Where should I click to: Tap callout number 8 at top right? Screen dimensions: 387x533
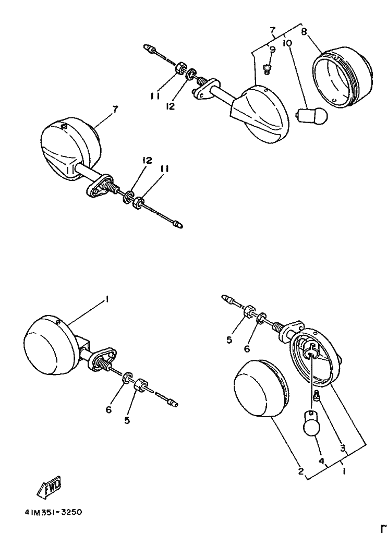tap(304, 32)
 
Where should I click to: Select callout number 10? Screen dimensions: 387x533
tap(287, 44)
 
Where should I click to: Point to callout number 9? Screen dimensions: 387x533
tap(272, 50)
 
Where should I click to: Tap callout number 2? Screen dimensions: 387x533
tap(300, 471)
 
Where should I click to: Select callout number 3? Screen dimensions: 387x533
tap(343, 448)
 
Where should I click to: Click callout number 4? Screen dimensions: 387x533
tap(322, 461)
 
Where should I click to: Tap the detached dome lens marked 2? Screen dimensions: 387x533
tap(261, 389)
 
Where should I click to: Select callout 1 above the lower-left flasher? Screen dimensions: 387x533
tap(106, 299)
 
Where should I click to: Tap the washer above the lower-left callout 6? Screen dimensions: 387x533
tap(127, 378)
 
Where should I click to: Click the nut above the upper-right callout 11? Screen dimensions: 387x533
tap(179, 67)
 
